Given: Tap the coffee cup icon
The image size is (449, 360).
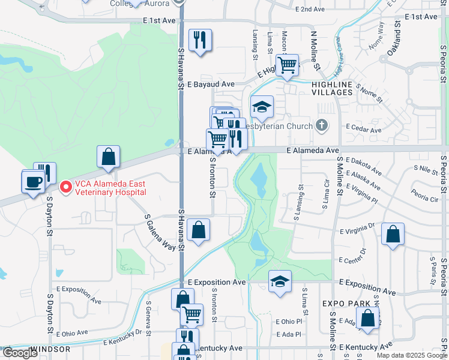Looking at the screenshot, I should point(33,181).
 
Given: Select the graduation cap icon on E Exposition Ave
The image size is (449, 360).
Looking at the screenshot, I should point(280,281).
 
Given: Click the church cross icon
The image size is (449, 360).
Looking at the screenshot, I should point(322,125).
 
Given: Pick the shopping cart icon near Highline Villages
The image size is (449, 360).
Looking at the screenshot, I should point(288,65).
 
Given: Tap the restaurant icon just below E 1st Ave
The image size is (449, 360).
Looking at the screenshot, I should point(200,40).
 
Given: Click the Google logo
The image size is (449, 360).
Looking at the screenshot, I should point(20,353).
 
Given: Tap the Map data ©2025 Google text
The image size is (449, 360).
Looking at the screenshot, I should point(411,355).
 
